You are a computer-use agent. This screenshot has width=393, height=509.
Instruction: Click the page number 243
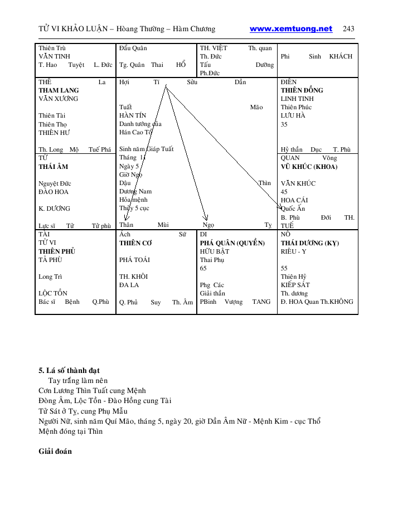pyautogui.click(x=348, y=29)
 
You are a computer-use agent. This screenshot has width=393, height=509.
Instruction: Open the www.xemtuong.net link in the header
pyautogui.click(x=290, y=29)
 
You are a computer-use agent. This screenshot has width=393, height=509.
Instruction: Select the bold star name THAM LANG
pyautogui.click(x=59, y=90)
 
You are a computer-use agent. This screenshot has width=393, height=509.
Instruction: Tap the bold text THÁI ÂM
pyautogui.click(x=54, y=167)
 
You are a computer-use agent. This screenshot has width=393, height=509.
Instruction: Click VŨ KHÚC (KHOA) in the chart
pyautogui.click(x=309, y=167)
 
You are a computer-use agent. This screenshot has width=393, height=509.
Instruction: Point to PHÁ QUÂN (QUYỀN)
pyautogui.click(x=232, y=243)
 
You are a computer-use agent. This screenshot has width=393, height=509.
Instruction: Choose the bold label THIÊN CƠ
pyautogui.click(x=135, y=243)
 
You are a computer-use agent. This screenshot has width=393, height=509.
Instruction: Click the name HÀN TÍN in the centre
pyautogui.click(x=133, y=115)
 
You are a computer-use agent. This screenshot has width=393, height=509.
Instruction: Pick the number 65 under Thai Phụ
pyautogui.click(x=203, y=268)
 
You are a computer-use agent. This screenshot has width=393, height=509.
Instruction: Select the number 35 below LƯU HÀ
pyautogui.click(x=284, y=124)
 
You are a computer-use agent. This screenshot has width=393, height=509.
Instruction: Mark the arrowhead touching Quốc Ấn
pyautogui.click(x=281, y=207)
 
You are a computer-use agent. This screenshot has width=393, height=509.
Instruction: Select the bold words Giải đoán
pyautogui.click(x=55, y=452)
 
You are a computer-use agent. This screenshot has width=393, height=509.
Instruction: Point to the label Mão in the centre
pyautogui.click(x=256, y=107)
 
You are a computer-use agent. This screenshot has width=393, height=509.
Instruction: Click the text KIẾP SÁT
pyautogui.click(x=295, y=285)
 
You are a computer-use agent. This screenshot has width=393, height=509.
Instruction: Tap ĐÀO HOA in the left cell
pyautogui.click(x=54, y=192)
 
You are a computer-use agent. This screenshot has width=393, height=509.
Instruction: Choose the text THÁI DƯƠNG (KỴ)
pyautogui.click(x=309, y=243)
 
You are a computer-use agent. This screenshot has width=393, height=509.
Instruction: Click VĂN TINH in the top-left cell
pyautogui.click(x=54, y=56)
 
